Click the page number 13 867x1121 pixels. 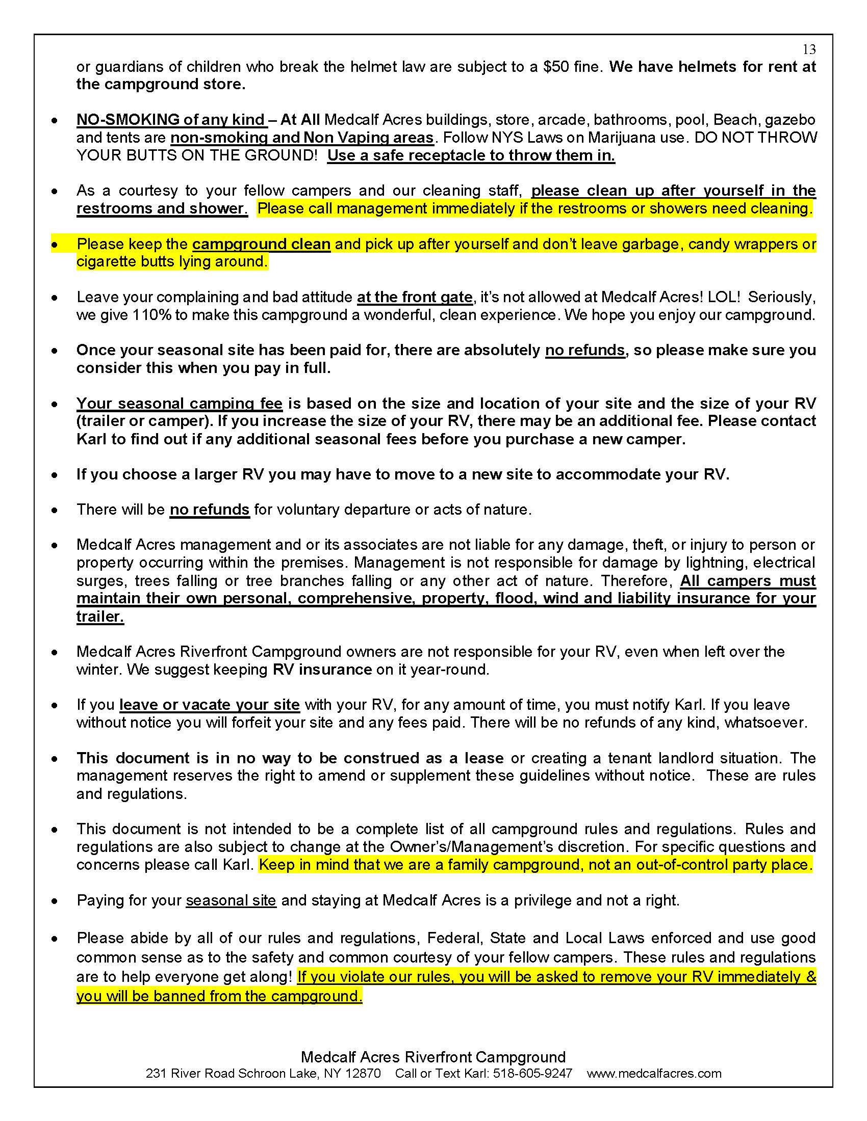(809, 49)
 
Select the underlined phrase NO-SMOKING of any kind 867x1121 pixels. (171, 120)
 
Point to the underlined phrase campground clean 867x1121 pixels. (262, 244)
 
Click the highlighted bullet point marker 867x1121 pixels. (55, 245)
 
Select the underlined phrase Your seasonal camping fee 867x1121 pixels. (179, 404)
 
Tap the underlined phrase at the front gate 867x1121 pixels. (415, 297)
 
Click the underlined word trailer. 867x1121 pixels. (100, 616)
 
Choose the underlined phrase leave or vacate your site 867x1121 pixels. (210, 705)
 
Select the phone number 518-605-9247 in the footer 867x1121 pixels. (532, 1073)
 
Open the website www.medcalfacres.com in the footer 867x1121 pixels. (654, 1073)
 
